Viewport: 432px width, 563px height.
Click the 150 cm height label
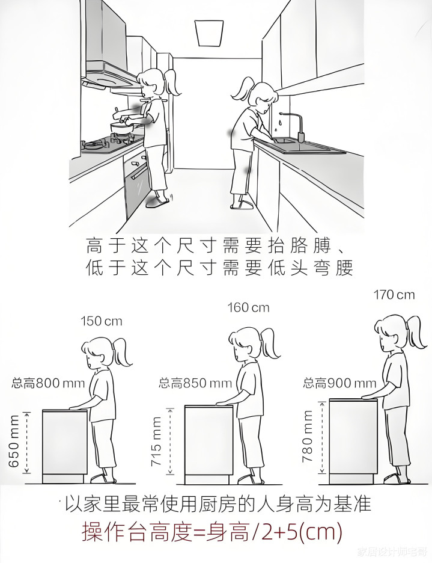click(x=102, y=321)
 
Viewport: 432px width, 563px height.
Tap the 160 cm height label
click(x=248, y=307)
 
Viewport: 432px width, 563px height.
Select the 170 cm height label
click(x=394, y=295)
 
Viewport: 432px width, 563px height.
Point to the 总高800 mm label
click(x=48, y=383)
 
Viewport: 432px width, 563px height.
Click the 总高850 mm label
click(x=195, y=384)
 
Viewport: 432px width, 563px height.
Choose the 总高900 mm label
click(x=339, y=383)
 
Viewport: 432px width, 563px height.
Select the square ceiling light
click(x=208, y=32)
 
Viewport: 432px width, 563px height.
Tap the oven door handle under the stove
click(x=139, y=173)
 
